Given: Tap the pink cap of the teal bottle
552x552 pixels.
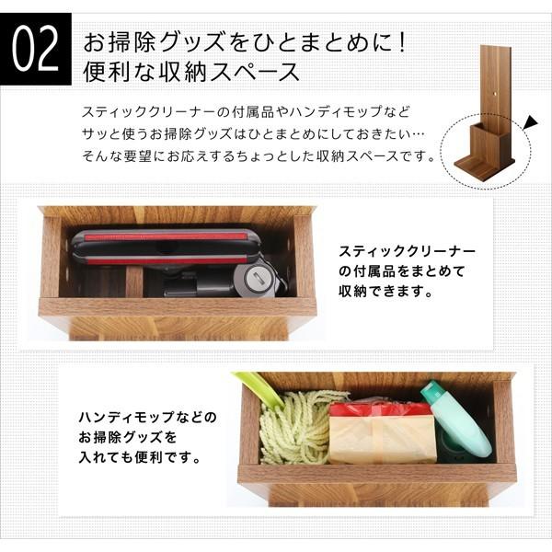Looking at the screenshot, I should coord(432,393).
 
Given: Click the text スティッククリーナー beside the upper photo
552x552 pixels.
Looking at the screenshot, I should coord(405,250).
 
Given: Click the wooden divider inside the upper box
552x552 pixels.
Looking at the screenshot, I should coord(133,280).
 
